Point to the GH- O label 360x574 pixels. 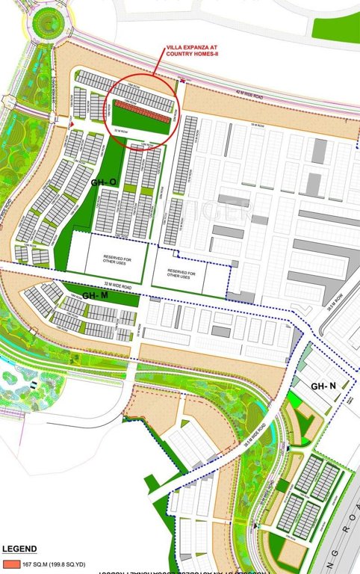pyautogui.click(x=103, y=182)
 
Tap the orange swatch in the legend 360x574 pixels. pyautogui.click(x=10, y=563)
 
